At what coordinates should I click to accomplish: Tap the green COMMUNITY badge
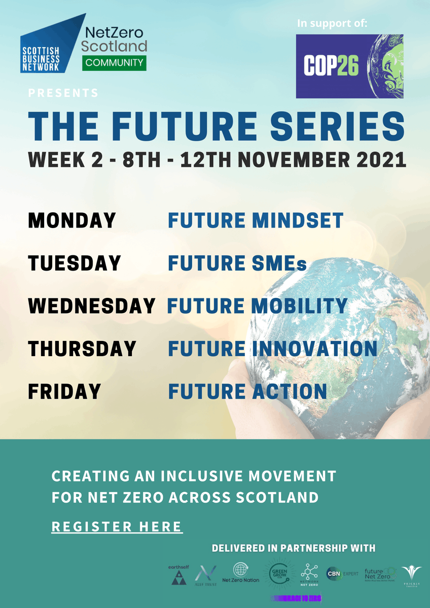pos(114,63)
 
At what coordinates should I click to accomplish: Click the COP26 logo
pos(349,66)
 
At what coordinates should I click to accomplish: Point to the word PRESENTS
pos(63,93)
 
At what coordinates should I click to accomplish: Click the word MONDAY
pos(72,220)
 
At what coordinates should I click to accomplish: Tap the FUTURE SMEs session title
pos(237,263)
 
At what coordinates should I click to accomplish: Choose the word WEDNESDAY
pos(91,306)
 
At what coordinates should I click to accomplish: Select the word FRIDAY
pos(64,392)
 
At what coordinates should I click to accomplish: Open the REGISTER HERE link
pos(117,527)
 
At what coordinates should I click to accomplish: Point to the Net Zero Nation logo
pos(241,573)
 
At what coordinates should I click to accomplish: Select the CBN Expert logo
pos(342,574)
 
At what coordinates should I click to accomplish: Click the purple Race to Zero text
pos(297,598)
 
